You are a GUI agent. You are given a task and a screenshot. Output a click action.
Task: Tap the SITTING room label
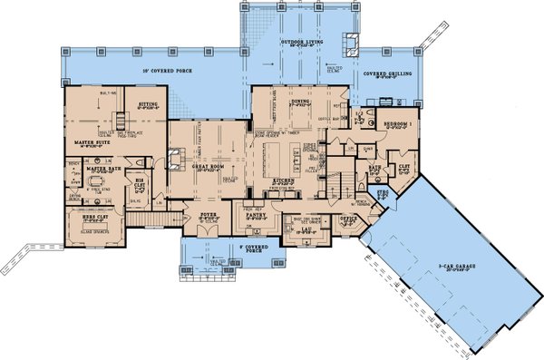(x=148, y=104)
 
